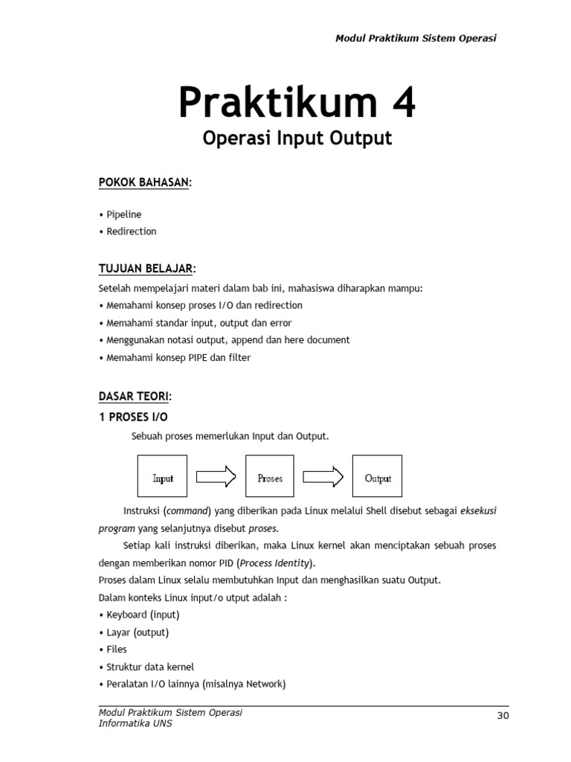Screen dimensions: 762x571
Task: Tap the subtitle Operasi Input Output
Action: coord(297,138)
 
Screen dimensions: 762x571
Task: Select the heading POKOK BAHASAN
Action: coord(144,183)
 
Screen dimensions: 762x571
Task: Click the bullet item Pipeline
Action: coord(123,214)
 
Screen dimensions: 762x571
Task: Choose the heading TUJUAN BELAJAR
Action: coord(146,268)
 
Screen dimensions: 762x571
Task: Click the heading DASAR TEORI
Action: coord(134,397)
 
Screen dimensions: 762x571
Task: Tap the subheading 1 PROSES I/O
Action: coord(133,417)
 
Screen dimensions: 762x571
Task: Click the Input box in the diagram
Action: coord(162,476)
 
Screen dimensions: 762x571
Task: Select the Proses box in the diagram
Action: coord(270,476)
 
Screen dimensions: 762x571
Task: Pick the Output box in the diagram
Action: coord(377,476)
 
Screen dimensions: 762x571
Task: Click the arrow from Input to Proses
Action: coord(216,476)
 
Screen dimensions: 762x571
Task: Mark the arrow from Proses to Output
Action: coord(323,476)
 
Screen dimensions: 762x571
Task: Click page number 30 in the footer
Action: coord(503,716)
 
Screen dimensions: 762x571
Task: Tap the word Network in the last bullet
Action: coord(265,684)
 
